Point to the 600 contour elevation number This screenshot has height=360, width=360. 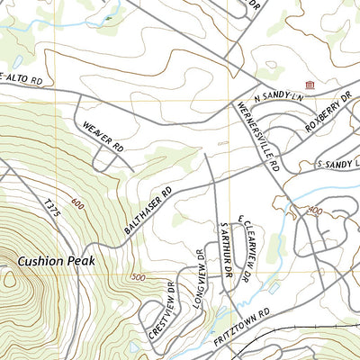[x=74, y=202]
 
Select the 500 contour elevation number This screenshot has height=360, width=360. [x=138, y=275]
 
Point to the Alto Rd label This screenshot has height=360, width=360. [x=22, y=79]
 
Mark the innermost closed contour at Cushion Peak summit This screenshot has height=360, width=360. [x=9, y=279]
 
